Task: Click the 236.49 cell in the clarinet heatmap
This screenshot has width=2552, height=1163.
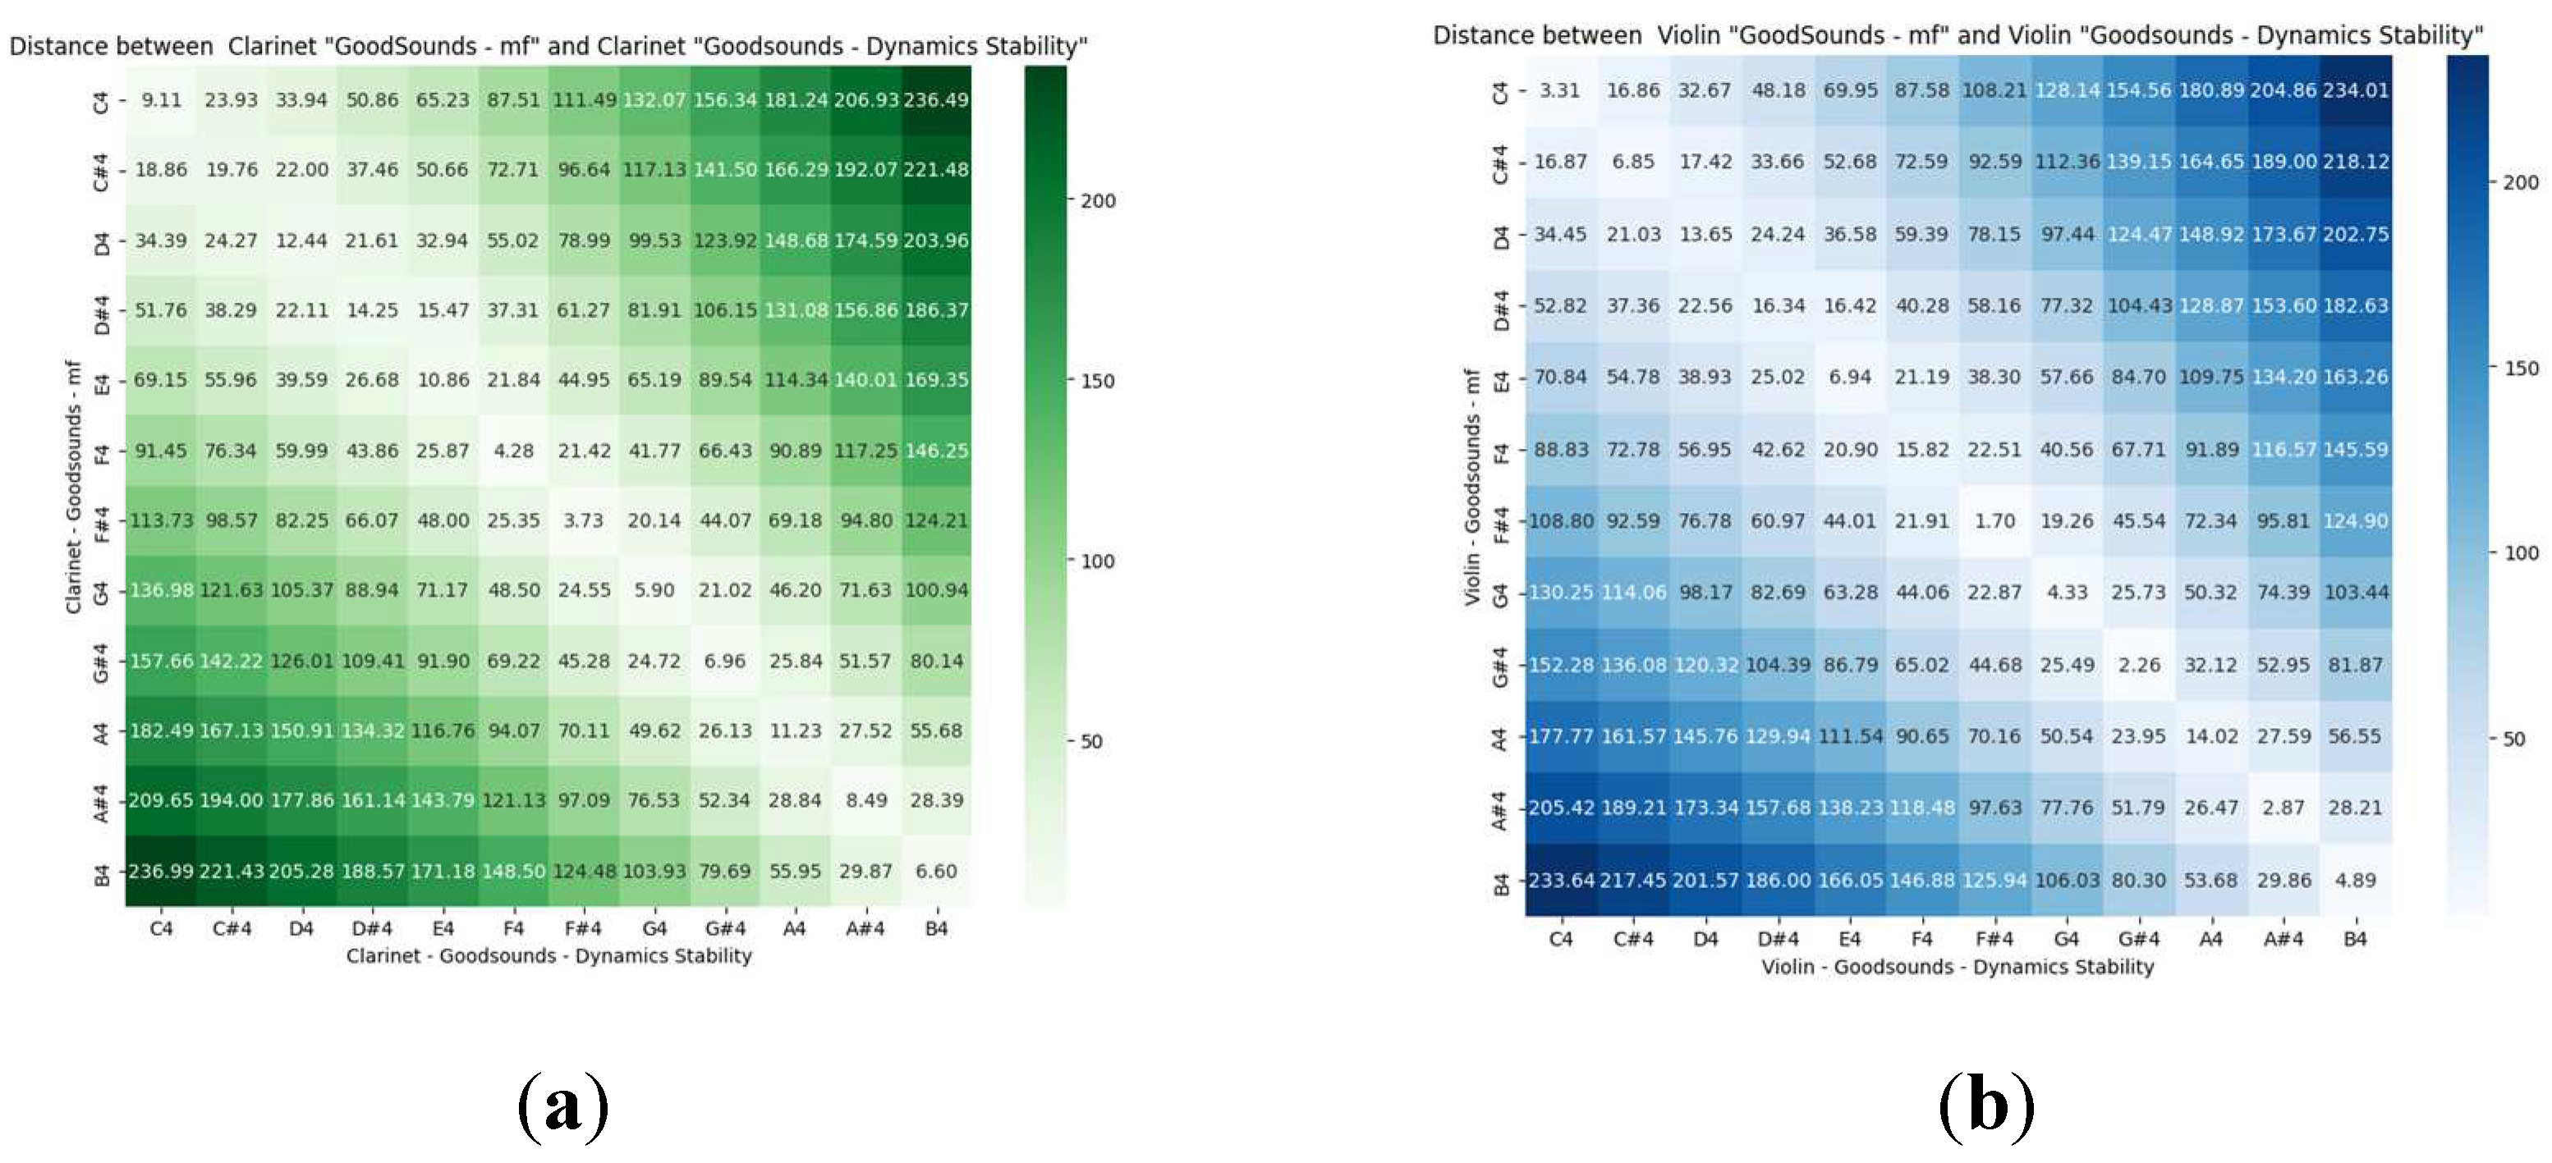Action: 936,100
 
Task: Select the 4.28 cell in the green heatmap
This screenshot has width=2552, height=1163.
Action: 513,451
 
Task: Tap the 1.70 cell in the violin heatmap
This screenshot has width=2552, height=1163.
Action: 1994,521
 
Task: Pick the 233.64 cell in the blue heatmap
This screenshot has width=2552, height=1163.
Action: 1561,880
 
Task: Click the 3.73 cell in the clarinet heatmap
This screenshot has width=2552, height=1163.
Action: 584,520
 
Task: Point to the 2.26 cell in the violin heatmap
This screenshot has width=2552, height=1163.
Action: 2139,665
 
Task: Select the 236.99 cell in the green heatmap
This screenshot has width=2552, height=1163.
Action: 160,871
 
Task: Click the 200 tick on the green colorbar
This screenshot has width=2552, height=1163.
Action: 1098,201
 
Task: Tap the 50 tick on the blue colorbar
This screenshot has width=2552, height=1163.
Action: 2513,739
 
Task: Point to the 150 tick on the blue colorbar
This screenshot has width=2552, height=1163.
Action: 2520,369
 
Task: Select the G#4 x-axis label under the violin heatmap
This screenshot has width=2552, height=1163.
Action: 2139,939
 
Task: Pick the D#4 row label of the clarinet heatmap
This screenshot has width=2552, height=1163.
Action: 101,310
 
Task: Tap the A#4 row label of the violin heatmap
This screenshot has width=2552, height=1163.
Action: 1501,808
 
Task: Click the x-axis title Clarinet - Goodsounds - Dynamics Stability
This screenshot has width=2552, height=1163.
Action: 548,956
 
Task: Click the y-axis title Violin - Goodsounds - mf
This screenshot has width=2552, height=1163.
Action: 1472,485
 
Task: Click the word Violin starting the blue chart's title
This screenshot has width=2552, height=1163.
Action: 1688,35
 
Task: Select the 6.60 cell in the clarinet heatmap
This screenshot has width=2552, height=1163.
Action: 936,871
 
